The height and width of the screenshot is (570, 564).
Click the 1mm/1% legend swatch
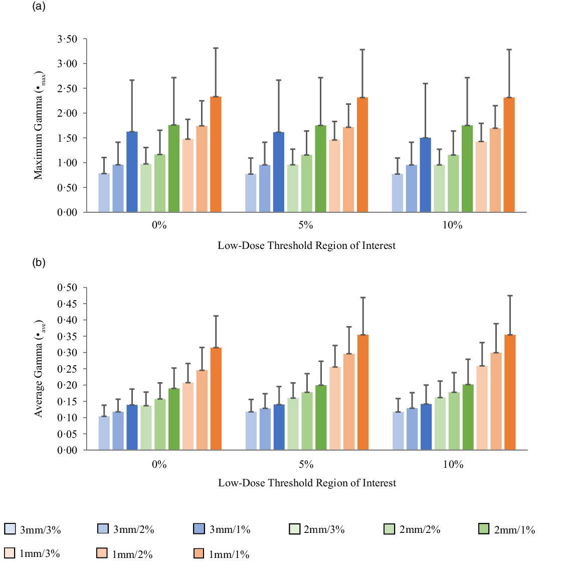pos(199,553)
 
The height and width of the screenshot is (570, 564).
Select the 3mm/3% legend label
pos(40,529)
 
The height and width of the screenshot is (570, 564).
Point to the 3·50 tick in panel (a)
pos(67,39)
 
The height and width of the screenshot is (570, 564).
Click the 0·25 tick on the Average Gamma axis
pos(67,369)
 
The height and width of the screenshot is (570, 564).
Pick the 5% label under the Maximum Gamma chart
pos(306,225)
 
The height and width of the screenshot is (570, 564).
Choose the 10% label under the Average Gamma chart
pos(453,464)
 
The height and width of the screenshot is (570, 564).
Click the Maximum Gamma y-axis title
pos(39,125)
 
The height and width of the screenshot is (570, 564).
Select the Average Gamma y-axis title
pos(39,368)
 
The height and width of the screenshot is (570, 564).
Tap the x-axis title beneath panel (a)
pos(306,245)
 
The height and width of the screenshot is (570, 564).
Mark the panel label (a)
pos(39,7)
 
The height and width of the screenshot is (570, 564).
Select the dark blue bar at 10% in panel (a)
pos(425,175)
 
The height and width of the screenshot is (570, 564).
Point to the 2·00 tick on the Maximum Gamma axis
pos(67,113)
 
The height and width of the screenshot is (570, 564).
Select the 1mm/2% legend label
pos(132,554)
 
